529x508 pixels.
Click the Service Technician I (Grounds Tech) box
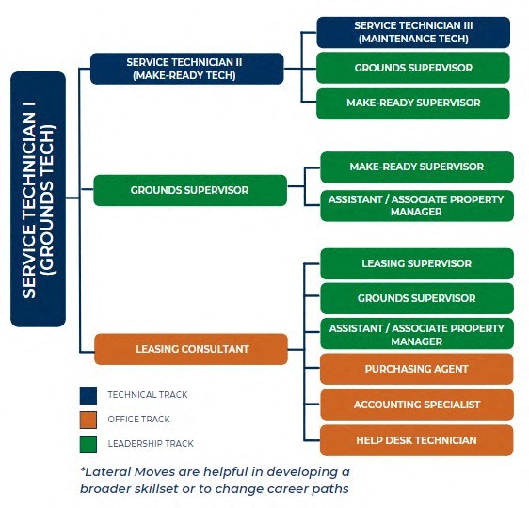coord(39,198)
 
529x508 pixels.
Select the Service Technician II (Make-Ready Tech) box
coord(187,69)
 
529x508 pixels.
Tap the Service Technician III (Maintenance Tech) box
coord(413,32)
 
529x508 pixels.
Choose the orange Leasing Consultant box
coord(191,349)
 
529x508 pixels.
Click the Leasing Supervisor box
coord(417,263)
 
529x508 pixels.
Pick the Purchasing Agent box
coord(417,369)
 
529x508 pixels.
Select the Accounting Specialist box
coord(417,405)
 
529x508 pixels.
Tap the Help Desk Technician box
coord(417,440)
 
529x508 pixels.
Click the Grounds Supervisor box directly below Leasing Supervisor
coord(417,298)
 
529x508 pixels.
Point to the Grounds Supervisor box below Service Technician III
coord(413,68)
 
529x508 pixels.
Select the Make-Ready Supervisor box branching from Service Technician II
coord(413,103)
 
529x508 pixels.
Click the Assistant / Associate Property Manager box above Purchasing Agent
coord(417,333)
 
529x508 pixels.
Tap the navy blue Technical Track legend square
coord(88,395)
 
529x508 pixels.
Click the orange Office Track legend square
coord(88,420)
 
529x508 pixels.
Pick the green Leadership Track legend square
coord(88,444)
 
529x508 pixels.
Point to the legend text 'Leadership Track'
coord(151,444)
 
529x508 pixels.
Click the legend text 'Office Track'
coord(138,420)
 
